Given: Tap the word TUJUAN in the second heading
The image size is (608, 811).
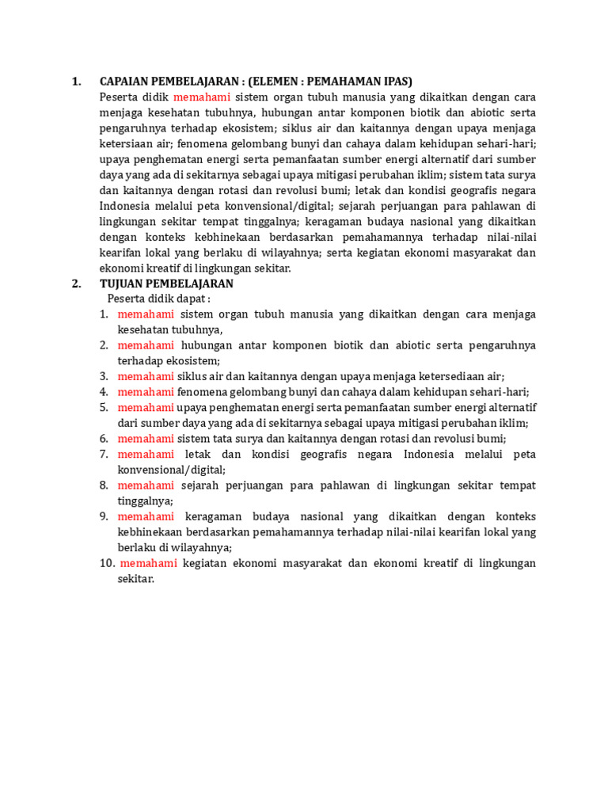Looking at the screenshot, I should pyautogui.click(x=121, y=284).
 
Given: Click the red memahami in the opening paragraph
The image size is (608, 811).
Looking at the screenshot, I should pyautogui.click(x=202, y=97).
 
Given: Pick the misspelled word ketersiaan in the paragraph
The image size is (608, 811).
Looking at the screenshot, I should pyautogui.click(x=136, y=144).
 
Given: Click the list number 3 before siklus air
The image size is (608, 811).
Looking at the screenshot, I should pyautogui.click(x=104, y=376).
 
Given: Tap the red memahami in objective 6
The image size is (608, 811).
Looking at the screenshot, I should pyautogui.click(x=146, y=438).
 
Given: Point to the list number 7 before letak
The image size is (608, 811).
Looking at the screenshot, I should pyautogui.click(x=104, y=454).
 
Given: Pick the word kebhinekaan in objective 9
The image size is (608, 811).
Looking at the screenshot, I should pyautogui.click(x=148, y=531).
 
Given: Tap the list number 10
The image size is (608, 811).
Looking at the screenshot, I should pyautogui.click(x=107, y=563).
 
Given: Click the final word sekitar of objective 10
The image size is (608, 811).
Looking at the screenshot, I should pyautogui.click(x=135, y=579).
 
